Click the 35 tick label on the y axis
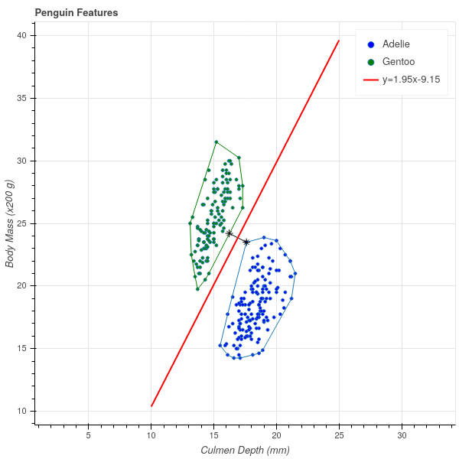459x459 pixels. [x=24, y=99]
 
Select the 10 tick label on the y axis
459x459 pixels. [x=24, y=412]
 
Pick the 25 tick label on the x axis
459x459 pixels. [x=339, y=435]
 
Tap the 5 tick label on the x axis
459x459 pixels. [x=89, y=435]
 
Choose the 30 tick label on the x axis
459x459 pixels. [x=402, y=435]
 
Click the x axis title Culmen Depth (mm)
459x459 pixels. [x=245, y=450]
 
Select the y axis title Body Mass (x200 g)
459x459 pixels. [x=10, y=223]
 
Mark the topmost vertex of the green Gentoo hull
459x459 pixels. [x=216, y=142]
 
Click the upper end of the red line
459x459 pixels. [x=339, y=41]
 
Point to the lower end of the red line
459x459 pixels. [x=151, y=405]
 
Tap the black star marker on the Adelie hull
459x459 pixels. [x=246, y=242]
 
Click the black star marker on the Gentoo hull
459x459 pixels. [x=229, y=233]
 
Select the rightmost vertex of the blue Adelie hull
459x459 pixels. [x=295, y=273]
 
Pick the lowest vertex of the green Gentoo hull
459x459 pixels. [x=197, y=289]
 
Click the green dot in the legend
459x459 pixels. [x=371, y=61]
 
